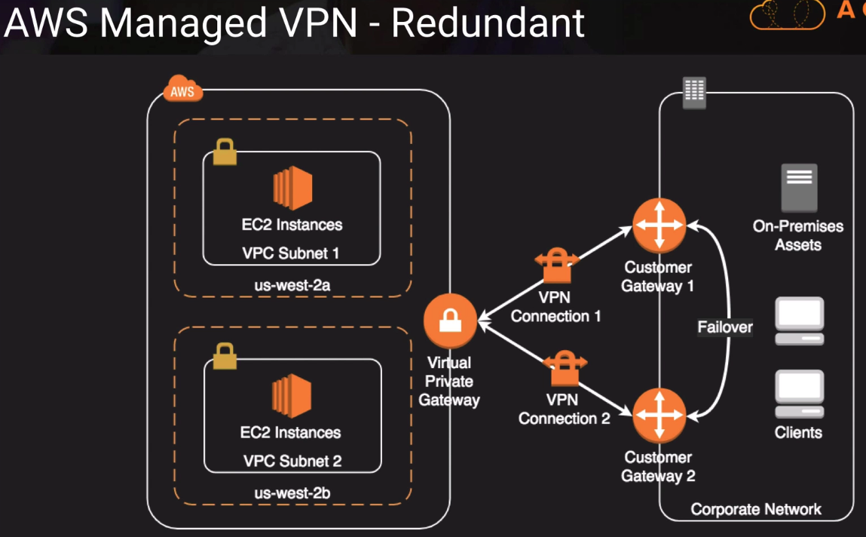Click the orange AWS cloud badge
182,91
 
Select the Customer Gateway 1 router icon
659,224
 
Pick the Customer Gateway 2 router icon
659,415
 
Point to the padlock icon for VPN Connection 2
565,368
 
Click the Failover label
725,327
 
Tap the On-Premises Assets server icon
799,187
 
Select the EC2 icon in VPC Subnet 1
292,188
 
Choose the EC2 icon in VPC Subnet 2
292,396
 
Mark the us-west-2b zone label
292,493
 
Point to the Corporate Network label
756,510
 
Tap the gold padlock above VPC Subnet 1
225,152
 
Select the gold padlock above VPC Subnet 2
225,356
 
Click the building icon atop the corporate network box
694,93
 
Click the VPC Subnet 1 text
291,253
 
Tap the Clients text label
798,433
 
